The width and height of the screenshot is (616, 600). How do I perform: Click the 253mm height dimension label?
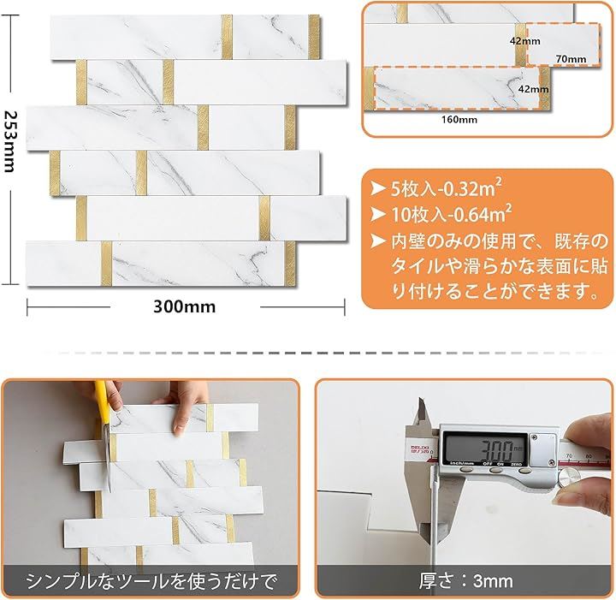point(9,142)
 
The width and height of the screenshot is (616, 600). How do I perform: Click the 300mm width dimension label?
point(184,307)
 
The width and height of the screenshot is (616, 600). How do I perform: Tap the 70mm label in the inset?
point(571,59)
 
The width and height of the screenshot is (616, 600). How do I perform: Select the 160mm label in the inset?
point(459,120)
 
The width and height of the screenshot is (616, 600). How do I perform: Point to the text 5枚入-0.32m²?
point(446,188)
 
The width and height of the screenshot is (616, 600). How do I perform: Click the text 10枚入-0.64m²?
point(451,214)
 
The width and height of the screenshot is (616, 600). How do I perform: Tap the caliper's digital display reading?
point(498,450)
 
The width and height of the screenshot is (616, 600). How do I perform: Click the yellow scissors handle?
point(103,403)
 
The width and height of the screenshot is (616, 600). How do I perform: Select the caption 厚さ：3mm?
point(465,581)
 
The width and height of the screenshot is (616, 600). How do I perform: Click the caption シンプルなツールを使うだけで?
point(151,581)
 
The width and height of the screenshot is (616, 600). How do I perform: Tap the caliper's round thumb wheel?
point(569,477)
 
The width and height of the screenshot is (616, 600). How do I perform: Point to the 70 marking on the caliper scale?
point(569,455)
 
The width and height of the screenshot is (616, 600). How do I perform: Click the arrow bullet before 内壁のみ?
point(378,241)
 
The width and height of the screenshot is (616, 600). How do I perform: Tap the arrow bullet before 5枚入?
point(378,188)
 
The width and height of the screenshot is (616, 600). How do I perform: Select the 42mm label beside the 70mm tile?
point(524,41)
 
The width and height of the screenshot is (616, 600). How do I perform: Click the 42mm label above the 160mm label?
point(533,89)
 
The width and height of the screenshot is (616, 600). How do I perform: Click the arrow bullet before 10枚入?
point(378,214)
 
